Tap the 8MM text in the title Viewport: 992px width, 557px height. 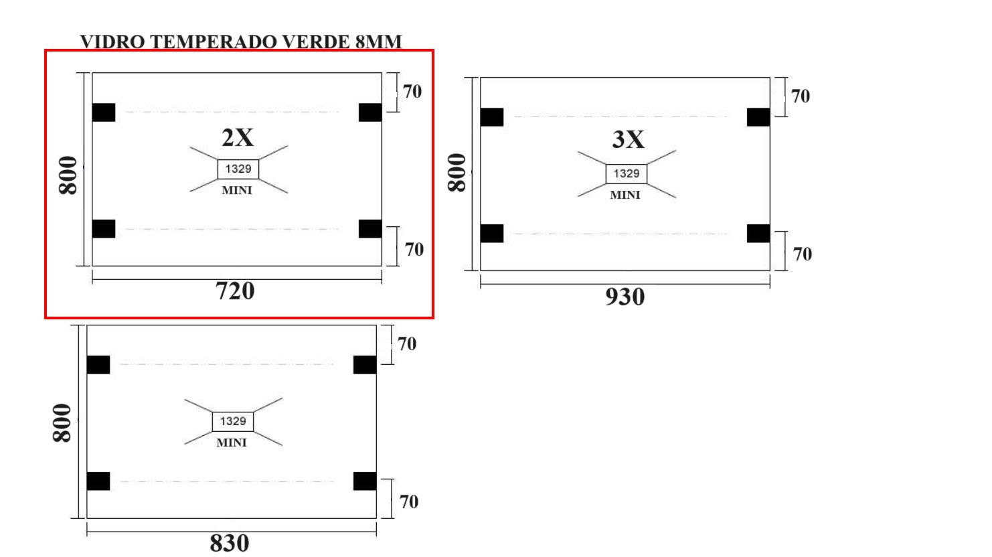tap(379, 42)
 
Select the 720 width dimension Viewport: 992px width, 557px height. tap(235, 291)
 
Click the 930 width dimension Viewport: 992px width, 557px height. tap(625, 297)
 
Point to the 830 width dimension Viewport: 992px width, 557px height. tap(230, 543)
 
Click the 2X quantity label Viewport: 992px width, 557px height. tap(238, 137)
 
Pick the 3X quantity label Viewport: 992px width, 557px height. tap(629, 139)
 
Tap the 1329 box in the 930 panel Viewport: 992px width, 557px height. tap(627, 173)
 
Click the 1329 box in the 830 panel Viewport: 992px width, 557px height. tap(233, 422)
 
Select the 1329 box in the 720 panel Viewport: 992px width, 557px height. tap(238, 169)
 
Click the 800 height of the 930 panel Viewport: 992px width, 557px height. tap(457, 173)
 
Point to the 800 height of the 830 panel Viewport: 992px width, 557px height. tap(62, 423)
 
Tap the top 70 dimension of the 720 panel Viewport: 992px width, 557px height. tap(412, 92)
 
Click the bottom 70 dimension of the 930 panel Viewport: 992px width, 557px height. tap(803, 254)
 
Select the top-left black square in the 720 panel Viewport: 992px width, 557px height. tap(104, 112)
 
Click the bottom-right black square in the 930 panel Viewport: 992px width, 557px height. tap(758, 234)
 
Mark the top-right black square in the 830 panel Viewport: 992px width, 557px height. tap(365, 365)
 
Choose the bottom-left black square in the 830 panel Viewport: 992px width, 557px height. tap(98, 481)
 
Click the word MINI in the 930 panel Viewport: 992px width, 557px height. tap(625, 195)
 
